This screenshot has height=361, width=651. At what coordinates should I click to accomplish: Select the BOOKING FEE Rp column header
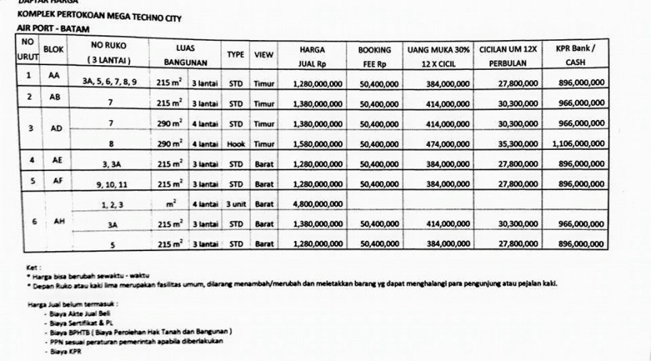tap(374, 54)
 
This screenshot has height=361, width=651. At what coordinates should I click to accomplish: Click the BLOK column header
tap(53, 49)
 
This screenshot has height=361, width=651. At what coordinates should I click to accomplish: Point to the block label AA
tap(53, 76)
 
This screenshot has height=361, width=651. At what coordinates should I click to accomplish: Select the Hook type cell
tap(236, 144)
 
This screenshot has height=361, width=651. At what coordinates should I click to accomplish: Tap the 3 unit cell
tap(236, 204)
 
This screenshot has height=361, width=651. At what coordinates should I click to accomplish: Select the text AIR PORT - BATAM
tap(47, 27)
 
